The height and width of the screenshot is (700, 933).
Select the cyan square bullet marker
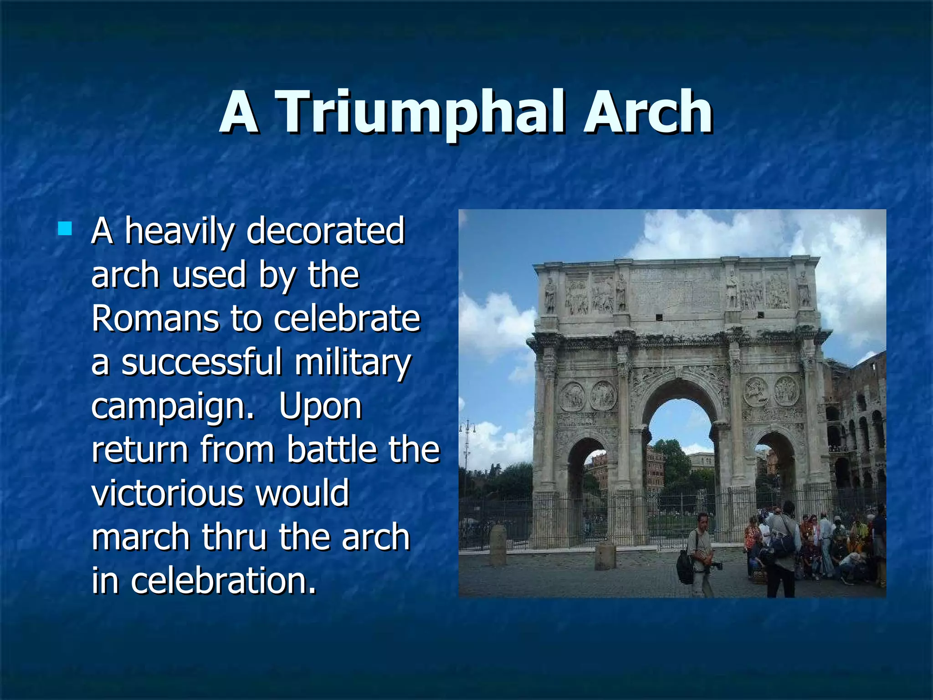click(x=65, y=228)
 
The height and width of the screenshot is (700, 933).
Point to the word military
click(x=352, y=362)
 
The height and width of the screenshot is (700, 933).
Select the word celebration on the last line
click(x=223, y=581)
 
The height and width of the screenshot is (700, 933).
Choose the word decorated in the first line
click(x=325, y=231)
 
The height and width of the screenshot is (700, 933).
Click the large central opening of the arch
click(x=681, y=456)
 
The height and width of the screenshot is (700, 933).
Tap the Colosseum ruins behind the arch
click(x=856, y=424)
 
